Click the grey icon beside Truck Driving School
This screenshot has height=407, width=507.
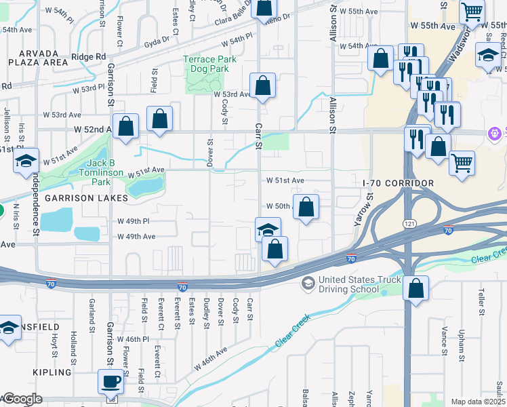pos(308,282)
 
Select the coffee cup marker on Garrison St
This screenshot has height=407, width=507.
pos(110,381)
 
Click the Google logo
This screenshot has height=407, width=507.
pos(22,399)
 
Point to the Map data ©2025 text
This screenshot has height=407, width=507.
pos(478,402)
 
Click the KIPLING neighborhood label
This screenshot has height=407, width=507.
pos(52,372)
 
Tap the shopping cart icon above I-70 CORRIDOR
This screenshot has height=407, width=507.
pos(462,162)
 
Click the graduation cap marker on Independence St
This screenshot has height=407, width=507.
pos(26,161)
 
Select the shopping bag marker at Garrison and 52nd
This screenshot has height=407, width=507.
pos(125,125)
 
